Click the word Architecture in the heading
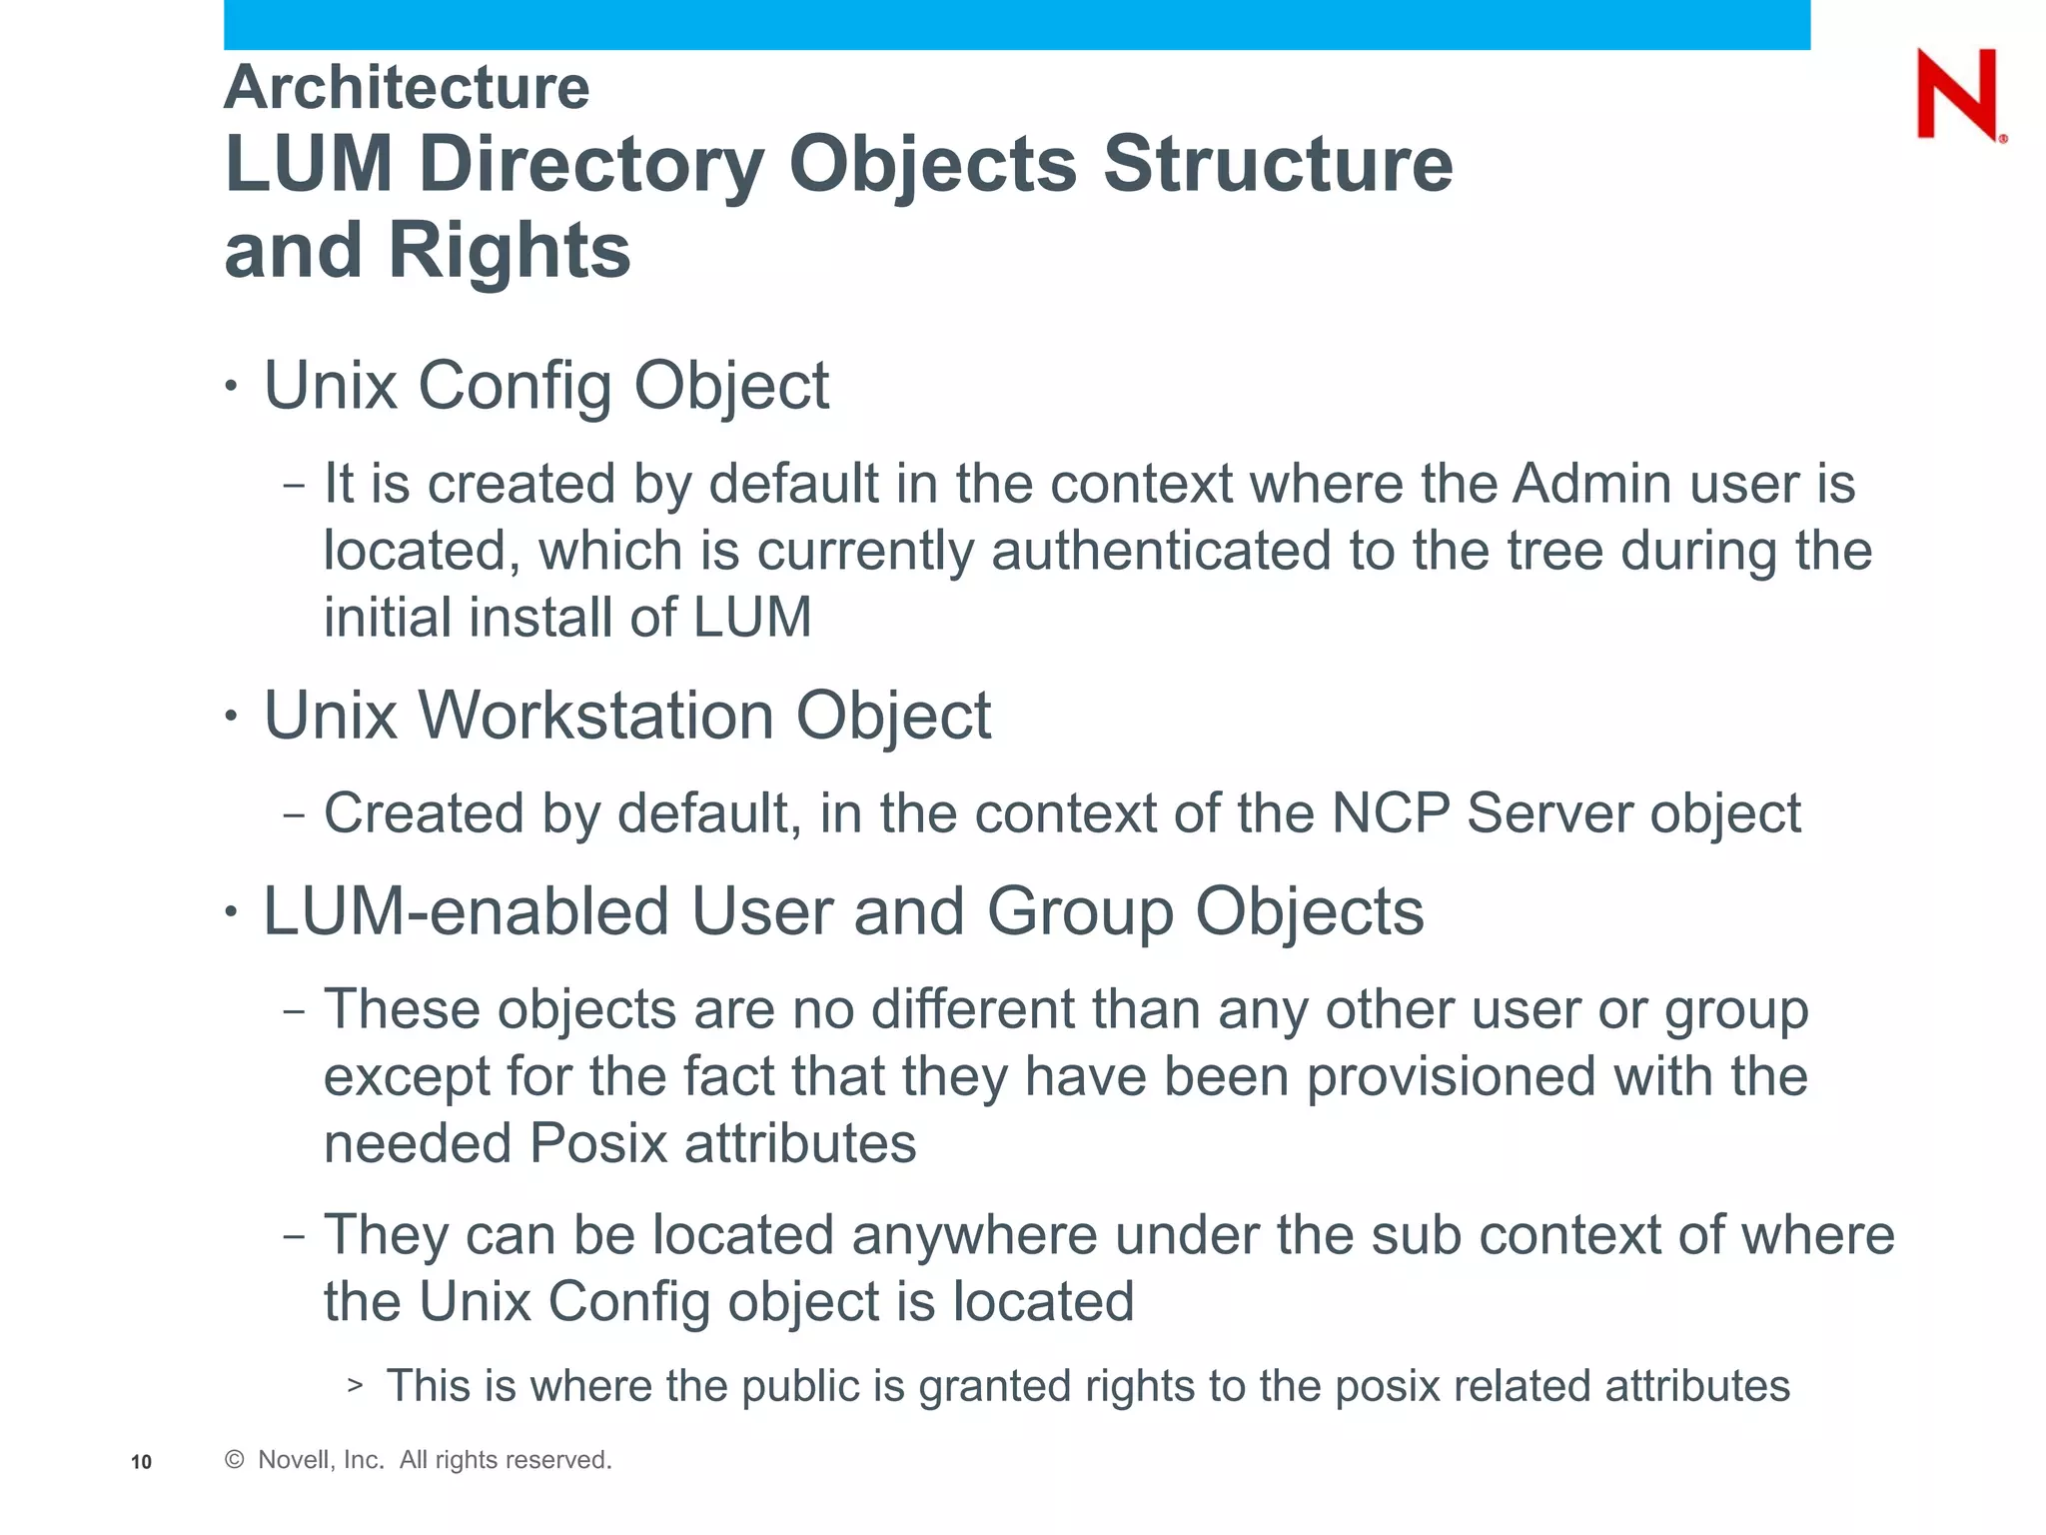407,88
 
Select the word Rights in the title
510,251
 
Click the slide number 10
141,1462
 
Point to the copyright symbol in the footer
235,1460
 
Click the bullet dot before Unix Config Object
232,386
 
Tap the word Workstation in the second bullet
596,716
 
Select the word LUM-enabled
467,911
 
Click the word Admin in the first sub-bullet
1591,485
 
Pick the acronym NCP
1390,812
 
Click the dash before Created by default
294,814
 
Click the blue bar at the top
1016,24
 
